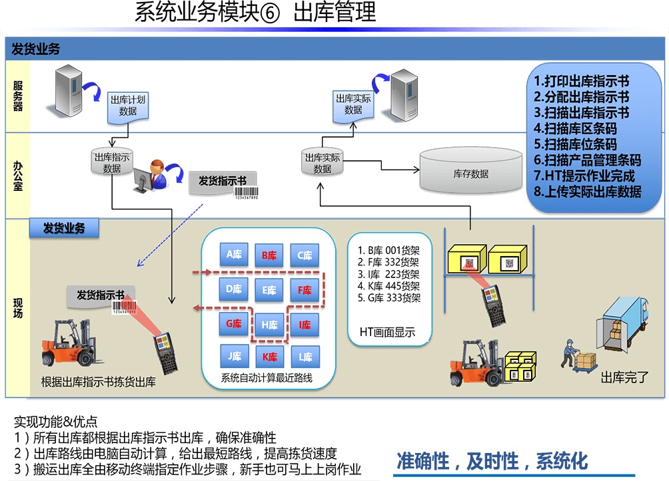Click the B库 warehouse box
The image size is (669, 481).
coord(269,255)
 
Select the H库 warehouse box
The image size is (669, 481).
coord(269,325)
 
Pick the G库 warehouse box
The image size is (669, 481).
coord(233,324)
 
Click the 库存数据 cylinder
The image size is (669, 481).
coord(470,173)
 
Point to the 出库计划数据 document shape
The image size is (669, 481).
coord(127,106)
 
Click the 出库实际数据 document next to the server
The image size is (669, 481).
coord(353,105)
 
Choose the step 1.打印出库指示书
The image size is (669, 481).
coord(581,82)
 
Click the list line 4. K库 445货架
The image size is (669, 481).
coord(389,286)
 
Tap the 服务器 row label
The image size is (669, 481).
coord(18,96)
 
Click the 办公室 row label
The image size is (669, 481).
coord(18,175)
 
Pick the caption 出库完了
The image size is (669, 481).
coord(624,379)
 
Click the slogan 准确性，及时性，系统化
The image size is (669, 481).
coord(492,460)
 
